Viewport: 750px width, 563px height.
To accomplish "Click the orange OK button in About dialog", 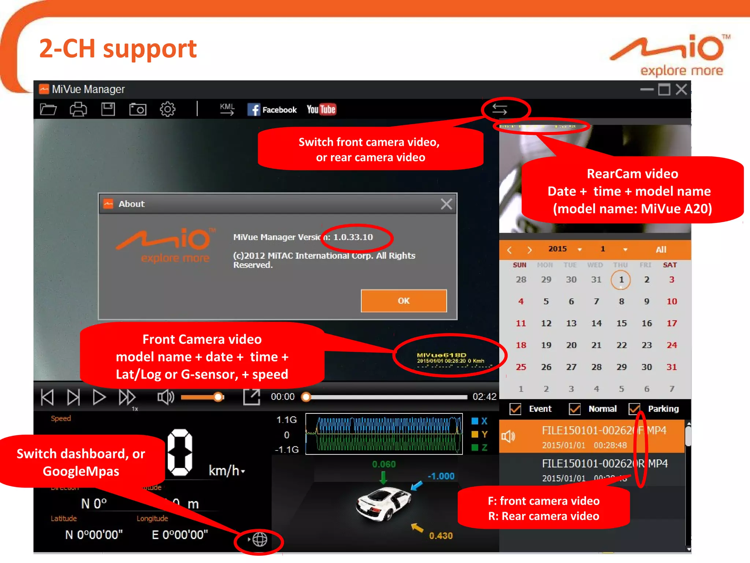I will pyautogui.click(x=404, y=301).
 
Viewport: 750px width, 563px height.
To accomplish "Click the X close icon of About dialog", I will pyautogui.click(x=446, y=204).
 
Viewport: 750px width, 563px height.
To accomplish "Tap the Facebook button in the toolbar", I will pyautogui.click(x=272, y=110).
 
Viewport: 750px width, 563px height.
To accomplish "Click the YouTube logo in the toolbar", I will pyautogui.click(x=321, y=109).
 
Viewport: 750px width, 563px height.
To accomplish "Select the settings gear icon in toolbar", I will pyautogui.click(x=167, y=109).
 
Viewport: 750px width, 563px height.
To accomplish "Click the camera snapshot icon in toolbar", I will pyautogui.click(x=138, y=109).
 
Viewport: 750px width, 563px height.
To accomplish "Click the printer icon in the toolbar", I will pyautogui.click(x=78, y=109).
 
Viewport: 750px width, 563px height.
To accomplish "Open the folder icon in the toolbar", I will pyautogui.click(x=48, y=109).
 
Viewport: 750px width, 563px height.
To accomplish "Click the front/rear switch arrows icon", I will pyautogui.click(x=500, y=109).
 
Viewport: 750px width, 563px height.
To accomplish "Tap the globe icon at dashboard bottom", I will pyautogui.click(x=260, y=539).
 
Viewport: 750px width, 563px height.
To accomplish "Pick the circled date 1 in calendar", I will pyautogui.click(x=621, y=280).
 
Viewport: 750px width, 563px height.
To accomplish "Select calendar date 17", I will pyautogui.click(x=671, y=323).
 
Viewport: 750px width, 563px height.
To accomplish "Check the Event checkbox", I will pyautogui.click(x=515, y=409).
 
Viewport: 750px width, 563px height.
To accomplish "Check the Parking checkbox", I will pyautogui.click(x=634, y=409).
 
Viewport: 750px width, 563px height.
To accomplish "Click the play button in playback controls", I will pyautogui.click(x=99, y=397).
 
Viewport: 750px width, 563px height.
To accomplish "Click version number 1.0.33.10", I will pyautogui.click(x=353, y=237).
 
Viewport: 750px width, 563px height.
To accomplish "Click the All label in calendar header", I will pyautogui.click(x=661, y=250).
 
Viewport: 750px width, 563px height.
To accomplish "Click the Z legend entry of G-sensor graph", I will pyautogui.click(x=479, y=448).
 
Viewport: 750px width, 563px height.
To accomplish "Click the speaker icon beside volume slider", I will pyautogui.click(x=165, y=397).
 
